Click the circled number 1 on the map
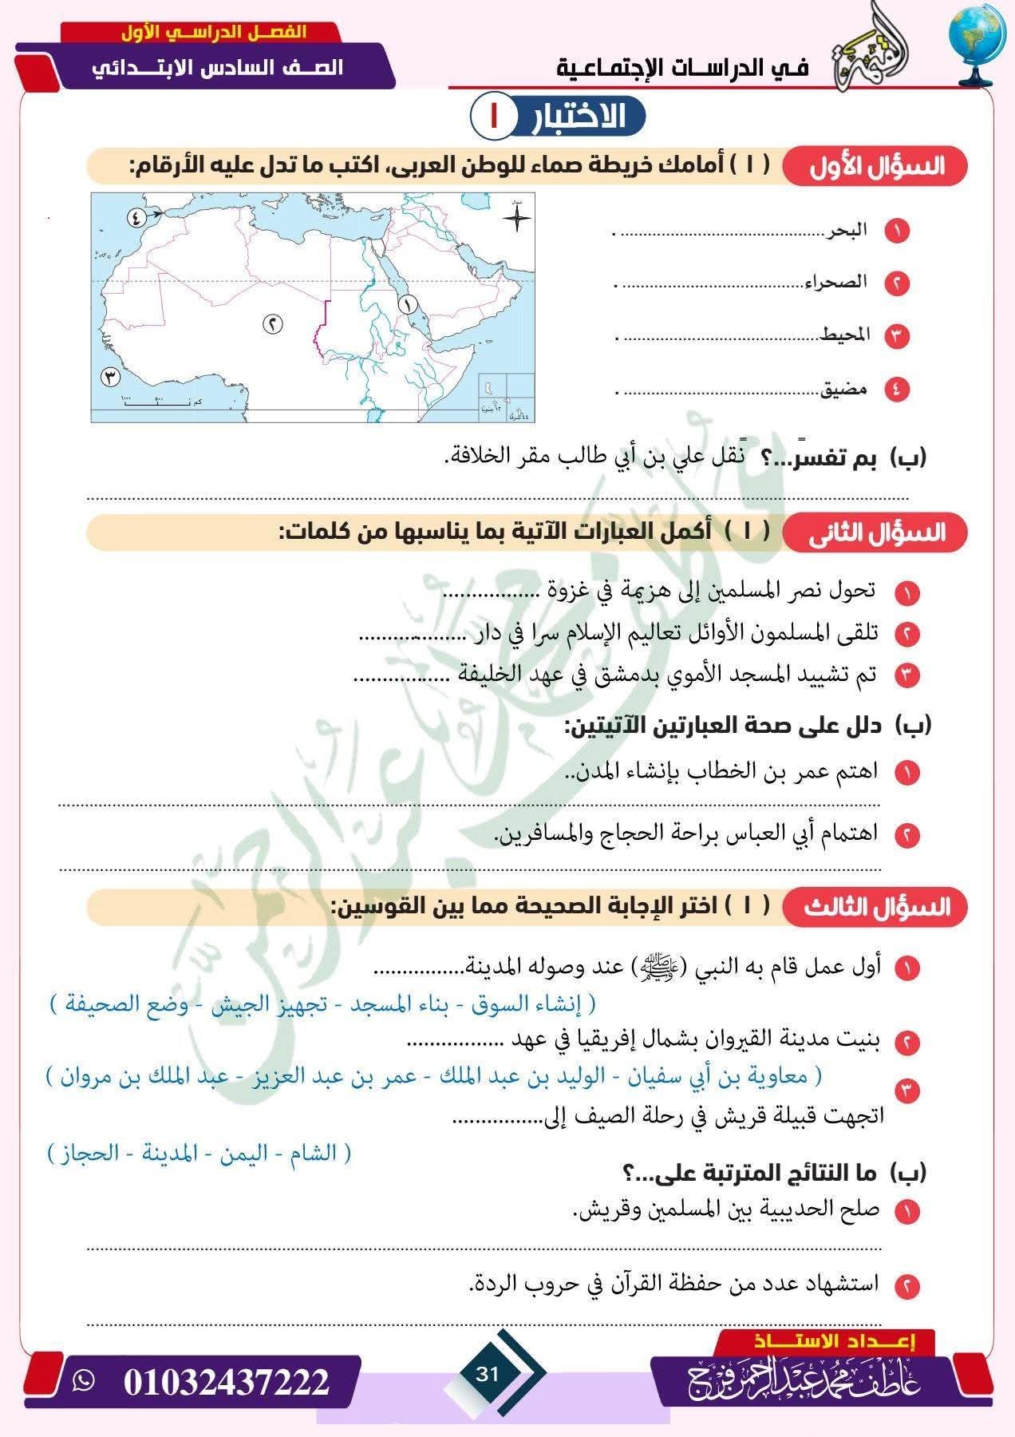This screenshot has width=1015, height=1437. point(407,303)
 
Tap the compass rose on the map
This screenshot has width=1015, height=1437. point(517,217)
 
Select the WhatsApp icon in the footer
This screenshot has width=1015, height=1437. point(83,1380)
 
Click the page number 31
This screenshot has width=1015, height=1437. point(487,1374)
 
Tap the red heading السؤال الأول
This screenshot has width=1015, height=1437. point(875,167)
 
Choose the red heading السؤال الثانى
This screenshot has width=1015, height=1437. point(875,533)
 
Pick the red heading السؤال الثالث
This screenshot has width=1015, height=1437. point(875,908)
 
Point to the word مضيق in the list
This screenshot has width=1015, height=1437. point(844,390)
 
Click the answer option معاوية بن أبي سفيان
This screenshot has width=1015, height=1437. point(736,1076)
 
